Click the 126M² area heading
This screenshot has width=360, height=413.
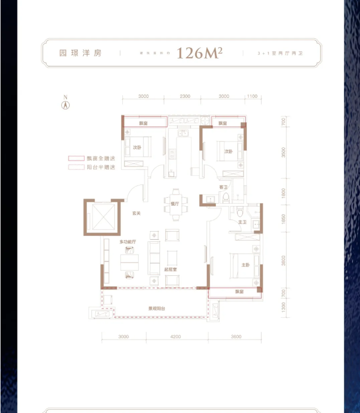pyautogui.click(x=199, y=53)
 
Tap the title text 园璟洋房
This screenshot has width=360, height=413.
pyautogui.click(x=80, y=54)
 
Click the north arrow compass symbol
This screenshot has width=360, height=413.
pyautogui.click(x=66, y=103)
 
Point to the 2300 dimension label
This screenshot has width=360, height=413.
pyautogui.click(x=184, y=96)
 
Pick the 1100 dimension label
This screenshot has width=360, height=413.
pyautogui.click(x=252, y=96)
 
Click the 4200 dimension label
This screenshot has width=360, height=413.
pyautogui.click(x=175, y=336)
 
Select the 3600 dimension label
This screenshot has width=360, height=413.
pyautogui.click(x=237, y=336)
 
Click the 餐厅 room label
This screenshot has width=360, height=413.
pyautogui.click(x=175, y=203)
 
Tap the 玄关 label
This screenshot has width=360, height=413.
pyautogui.click(x=136, y=214)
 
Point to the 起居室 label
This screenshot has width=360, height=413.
pyautogui.click(x=170, y=271)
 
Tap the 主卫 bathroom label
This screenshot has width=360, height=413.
pyautogui.click(x=242, y=222)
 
